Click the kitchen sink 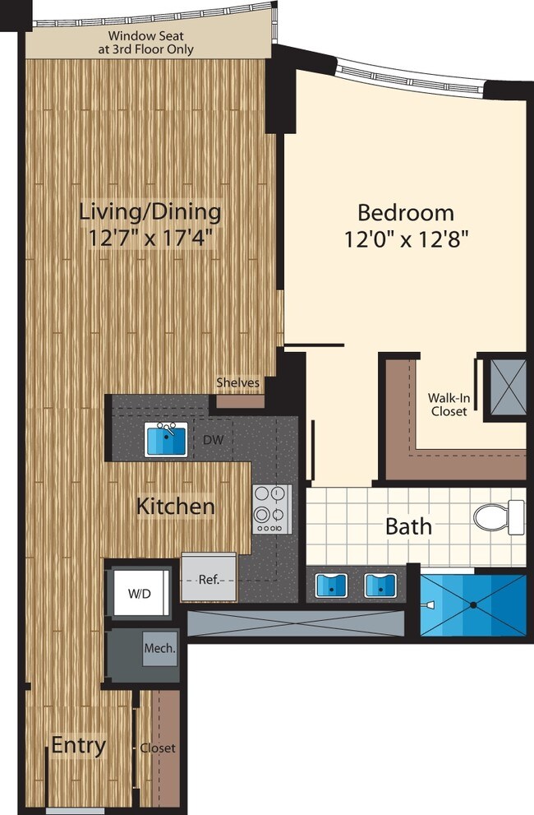(x=168, y=440)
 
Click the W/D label (x=139, y=592)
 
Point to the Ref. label (x=209, y=579)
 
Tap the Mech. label (x=160, y=649)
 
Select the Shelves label (x=238, y=382)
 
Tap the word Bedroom (x=405, y=212)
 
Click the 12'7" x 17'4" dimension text (x=150, y=238)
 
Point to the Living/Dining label (x=150, y=211)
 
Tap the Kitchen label (x=176, y=506)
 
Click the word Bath (x=408, y=526)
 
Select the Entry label (x=79, y=746)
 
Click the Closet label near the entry (x=158, y=748)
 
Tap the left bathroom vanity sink (x=333, y=586)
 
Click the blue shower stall (x=472, y=605)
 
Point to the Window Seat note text (x=150, y=43)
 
